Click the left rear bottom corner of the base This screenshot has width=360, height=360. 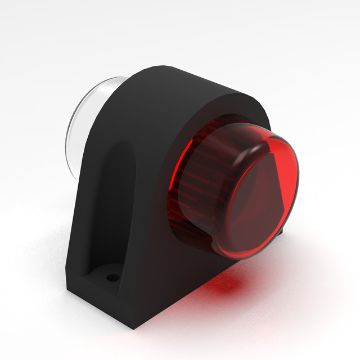67,292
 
